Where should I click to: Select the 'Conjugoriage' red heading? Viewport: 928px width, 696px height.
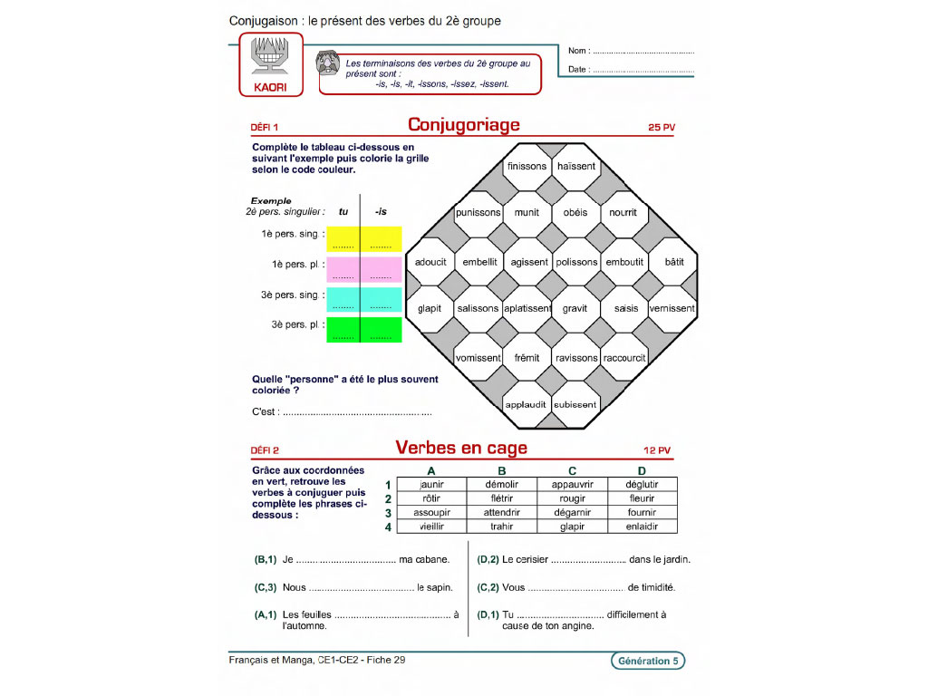pyautogui.click(x=463, y=125)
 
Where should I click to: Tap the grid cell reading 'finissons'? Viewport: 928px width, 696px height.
pyautogui.click(x=527, y=166)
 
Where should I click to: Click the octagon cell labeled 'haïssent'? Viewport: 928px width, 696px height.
pyautogui.click(x=576, y=166)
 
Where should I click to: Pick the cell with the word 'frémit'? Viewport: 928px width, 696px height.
pyautogui.click(x=527, y=358)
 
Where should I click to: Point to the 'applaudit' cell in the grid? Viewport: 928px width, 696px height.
pyautogui.click(x=527, y=404)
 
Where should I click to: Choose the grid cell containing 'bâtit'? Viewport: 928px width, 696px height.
pyautogui.click(x=674, y=262)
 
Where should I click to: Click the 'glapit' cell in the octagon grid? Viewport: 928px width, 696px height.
pyautogui.click(x=430, y=308)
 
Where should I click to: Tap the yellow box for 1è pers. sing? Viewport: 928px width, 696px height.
pyautogui.click(x=362, y=238)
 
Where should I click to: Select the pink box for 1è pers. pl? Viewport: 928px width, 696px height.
pyautogui.click(x=362, y=269)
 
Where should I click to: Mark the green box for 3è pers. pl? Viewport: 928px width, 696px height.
pyautogui.click(x=362, y=330)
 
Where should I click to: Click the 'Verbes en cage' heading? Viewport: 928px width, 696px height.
pyautogui.click(x=461, y=448)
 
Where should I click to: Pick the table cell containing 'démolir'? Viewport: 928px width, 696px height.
pyautogui.click(x=501, y=485)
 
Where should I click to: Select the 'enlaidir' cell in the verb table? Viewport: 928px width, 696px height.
pyautogui.click(x=642, y=527)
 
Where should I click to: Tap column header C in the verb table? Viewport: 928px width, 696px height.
pyautogui.click(x=572, y=470)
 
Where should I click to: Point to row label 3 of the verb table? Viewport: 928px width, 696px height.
pyautogui.click(x=387, y=513)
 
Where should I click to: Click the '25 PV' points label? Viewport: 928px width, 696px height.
pyautogui.click(x=662, y=128)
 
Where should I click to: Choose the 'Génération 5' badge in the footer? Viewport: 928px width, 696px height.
pyautogui.click(x=648, y=662)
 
